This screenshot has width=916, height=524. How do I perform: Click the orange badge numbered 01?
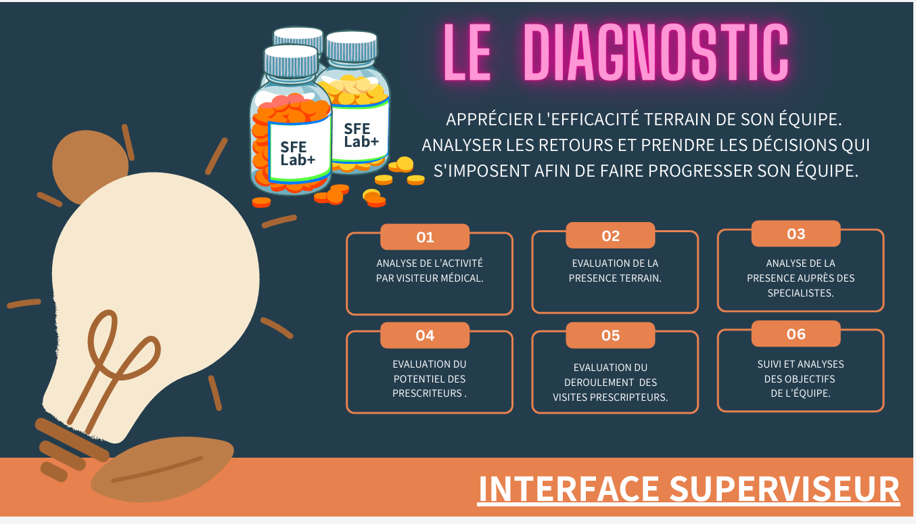pyautogui.click(x=425, y=237)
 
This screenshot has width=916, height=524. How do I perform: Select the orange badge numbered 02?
pyautogui.click(x=610, y=236)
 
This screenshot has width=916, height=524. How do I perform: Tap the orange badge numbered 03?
pyautogui.click(x=796, y=234)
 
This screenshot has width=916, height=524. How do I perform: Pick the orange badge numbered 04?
pyautogui.click(x=425, y=335)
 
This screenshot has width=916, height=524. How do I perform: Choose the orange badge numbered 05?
pyautogui.click(x=610, y=335)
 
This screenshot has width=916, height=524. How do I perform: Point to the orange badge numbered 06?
pyautogui.click(x=796, y=334)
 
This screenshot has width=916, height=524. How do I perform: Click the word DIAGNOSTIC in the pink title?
pyautogui.click(x=656, y=53)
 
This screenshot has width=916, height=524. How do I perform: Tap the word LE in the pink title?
pyautogui.click(x=467, y=53)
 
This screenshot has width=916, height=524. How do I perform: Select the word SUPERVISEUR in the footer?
pyautogui.click(x=785, y=489)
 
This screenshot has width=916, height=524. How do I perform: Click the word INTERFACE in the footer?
pyautogui.click(x=568, y=489)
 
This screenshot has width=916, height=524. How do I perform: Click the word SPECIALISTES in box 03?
pyautogui.click(x=800, y=293)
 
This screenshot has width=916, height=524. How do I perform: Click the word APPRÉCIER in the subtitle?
pyautogui.click(x=484, y=120)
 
